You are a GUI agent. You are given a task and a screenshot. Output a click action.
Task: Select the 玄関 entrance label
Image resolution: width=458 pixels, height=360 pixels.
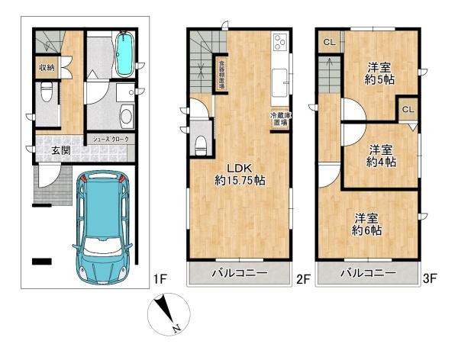[62, 150]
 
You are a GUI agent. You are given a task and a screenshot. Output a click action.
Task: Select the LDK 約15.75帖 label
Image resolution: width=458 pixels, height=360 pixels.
[238, 175]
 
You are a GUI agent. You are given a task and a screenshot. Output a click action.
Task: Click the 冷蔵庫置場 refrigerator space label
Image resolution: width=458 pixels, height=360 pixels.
[279, 120]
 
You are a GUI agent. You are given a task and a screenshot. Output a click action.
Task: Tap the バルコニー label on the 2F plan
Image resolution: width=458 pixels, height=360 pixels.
[239, 273]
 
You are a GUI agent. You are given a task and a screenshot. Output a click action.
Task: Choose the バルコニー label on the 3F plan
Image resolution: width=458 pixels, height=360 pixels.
[368, 273]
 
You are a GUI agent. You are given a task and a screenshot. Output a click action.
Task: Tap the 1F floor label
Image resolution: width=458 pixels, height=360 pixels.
[159, 280]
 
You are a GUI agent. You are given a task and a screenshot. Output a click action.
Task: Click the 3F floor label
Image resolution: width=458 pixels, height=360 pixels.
[431, 280]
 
